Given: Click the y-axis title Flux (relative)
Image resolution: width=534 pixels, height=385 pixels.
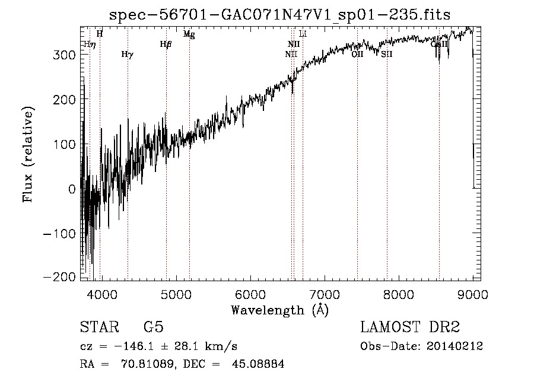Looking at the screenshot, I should (x=28, y=154).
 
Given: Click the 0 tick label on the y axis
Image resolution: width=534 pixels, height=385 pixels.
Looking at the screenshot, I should (x=71, y=189).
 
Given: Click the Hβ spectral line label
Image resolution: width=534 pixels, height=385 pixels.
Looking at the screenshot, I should (x=166, y=44).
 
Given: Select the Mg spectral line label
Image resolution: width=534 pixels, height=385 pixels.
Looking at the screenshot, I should (x=189, y=34).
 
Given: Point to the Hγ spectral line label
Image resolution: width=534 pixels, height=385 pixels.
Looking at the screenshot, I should (x=127, y=55).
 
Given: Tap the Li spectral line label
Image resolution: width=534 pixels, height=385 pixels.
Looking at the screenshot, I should (x=303, y=34).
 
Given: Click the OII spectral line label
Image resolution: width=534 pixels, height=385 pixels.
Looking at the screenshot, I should (x=357, y=54).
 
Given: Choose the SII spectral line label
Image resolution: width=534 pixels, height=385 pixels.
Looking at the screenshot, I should (x=387, y=54).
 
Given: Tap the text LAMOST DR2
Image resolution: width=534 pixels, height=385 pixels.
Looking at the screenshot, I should (x=410, y=328).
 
